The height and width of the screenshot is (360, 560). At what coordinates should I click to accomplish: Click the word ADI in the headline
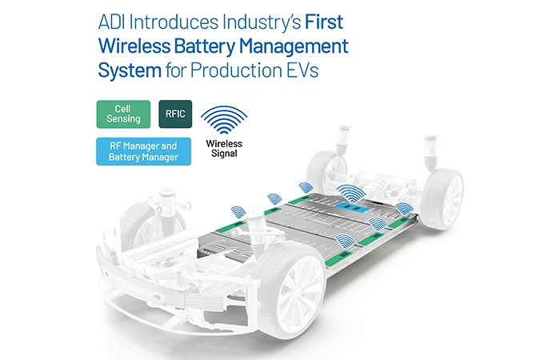tap(111, 22)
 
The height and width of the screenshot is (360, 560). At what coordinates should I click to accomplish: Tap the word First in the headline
tap(324, 22)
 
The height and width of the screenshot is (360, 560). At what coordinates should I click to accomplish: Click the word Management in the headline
tap(294, 47)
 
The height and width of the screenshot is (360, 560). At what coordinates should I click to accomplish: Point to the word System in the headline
tap(130, 70)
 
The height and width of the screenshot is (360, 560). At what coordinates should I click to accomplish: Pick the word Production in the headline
tap(236, 70)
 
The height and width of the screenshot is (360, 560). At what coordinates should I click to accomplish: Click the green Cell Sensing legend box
tap(123, 114)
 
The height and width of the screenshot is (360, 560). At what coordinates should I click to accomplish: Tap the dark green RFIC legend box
tap(175, 114)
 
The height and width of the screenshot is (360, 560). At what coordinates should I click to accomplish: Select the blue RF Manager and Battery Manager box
tap(143, 151)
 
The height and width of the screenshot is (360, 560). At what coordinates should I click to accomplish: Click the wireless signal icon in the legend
tap(224, 120)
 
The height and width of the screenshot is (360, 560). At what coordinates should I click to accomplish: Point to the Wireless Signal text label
tap(224, 149)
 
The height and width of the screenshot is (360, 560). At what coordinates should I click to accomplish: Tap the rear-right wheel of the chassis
tap(442, 198)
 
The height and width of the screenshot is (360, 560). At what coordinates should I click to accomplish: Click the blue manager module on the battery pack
tap(351, 207)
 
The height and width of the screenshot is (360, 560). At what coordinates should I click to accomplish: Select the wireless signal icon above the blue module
tap(351, 194)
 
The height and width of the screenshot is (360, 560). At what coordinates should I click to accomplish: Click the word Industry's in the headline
tap(262, 23)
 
